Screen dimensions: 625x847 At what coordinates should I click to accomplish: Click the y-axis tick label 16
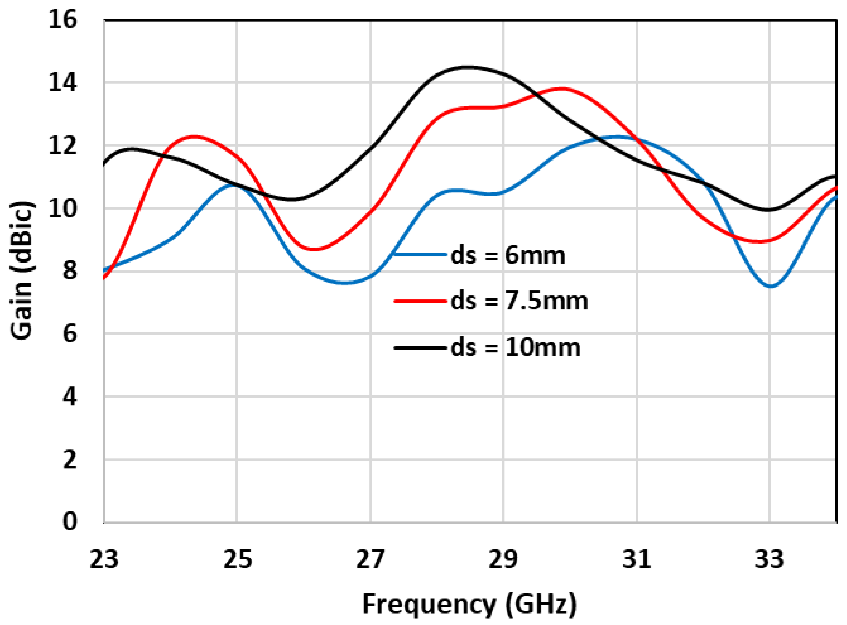(x=62, y=20)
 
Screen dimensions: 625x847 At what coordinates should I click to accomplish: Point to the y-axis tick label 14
(x=62, y=83)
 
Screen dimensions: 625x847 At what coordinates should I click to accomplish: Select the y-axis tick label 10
(x=62, y=208)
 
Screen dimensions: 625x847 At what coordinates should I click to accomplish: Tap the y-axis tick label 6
(x=70, y=334)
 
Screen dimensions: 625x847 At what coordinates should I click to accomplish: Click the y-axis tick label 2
(x=70, y=460)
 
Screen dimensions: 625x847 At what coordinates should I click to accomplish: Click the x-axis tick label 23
(x=104, y=559)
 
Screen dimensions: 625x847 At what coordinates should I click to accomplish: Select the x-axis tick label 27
(x=370, y=559)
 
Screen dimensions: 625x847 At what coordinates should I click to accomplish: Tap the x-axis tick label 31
(x=637, y=559)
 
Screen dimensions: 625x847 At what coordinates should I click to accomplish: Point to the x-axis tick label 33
(x=769, y=559)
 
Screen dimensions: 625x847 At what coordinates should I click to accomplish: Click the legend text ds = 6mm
(x=508, y=255)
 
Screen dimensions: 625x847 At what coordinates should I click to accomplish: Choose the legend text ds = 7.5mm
(x=519, y=301)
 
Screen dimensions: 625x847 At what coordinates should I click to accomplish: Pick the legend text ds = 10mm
(x=515, y=347)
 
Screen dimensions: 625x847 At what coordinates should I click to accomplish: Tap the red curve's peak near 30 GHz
(x=562, y=89)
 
